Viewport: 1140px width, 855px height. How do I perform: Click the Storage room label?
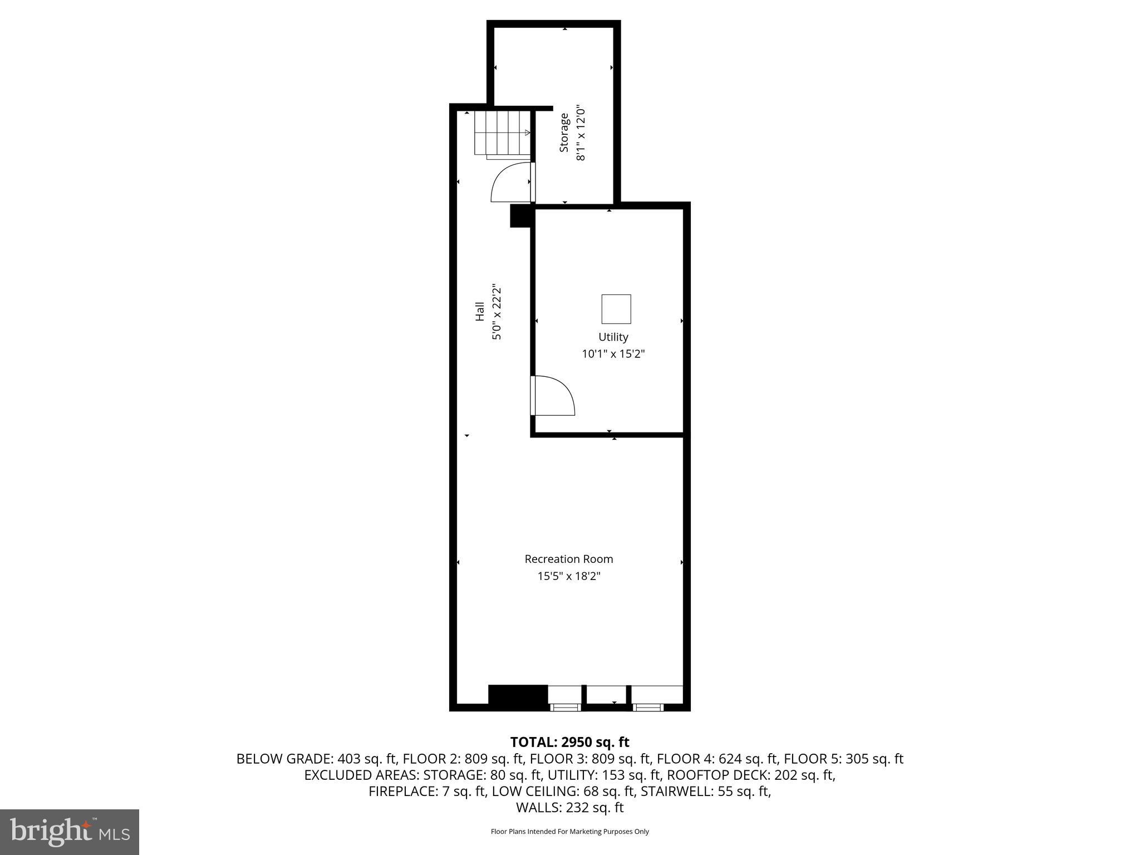coord(564,132)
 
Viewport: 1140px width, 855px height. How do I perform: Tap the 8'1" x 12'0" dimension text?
coord(581,132)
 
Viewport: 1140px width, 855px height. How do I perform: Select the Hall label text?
coord(479,311)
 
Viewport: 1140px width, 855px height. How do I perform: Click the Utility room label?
coord(613,337)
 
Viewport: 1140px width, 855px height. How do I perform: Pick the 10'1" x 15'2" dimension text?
coord(613,353)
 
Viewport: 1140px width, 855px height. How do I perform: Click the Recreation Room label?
coord(568,559)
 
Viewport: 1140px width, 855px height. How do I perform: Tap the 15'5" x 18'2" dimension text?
coord(568,576)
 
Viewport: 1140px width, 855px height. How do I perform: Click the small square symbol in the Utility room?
coord(616,309)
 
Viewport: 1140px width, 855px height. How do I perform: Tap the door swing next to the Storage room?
coord(511,182)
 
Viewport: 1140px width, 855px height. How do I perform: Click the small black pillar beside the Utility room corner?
coord(520,216)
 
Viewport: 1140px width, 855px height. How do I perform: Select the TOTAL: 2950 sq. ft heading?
coord(569,742)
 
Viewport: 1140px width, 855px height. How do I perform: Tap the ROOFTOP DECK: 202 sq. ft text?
coord(751,775)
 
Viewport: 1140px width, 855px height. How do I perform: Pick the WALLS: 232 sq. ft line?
coord(569,808)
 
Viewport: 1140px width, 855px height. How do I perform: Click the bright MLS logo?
coord(70,832)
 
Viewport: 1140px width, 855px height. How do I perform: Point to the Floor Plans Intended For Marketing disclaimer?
coord(569,832)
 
